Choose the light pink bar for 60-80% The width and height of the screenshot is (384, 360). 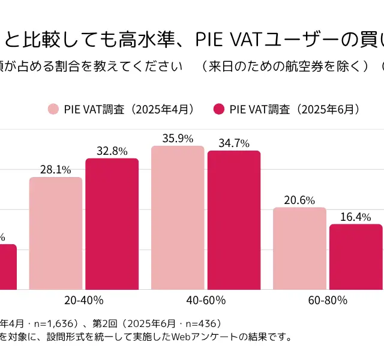299,248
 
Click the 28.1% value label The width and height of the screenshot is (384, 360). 55,170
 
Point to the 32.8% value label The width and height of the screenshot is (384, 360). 112,151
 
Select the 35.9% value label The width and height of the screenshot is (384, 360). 178,139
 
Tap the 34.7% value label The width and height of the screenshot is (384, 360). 234,143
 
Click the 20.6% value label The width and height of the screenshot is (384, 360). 299,200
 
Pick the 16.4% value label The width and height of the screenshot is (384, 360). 356,217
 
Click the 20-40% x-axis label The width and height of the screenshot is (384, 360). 83,299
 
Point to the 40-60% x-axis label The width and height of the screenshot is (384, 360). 206,299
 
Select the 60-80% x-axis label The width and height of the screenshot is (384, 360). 328,299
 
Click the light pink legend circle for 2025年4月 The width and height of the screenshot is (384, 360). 53,109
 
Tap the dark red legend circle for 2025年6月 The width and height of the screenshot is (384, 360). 219,109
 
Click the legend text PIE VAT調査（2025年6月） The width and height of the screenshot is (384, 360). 295,109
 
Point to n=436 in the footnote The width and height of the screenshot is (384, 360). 201,323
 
